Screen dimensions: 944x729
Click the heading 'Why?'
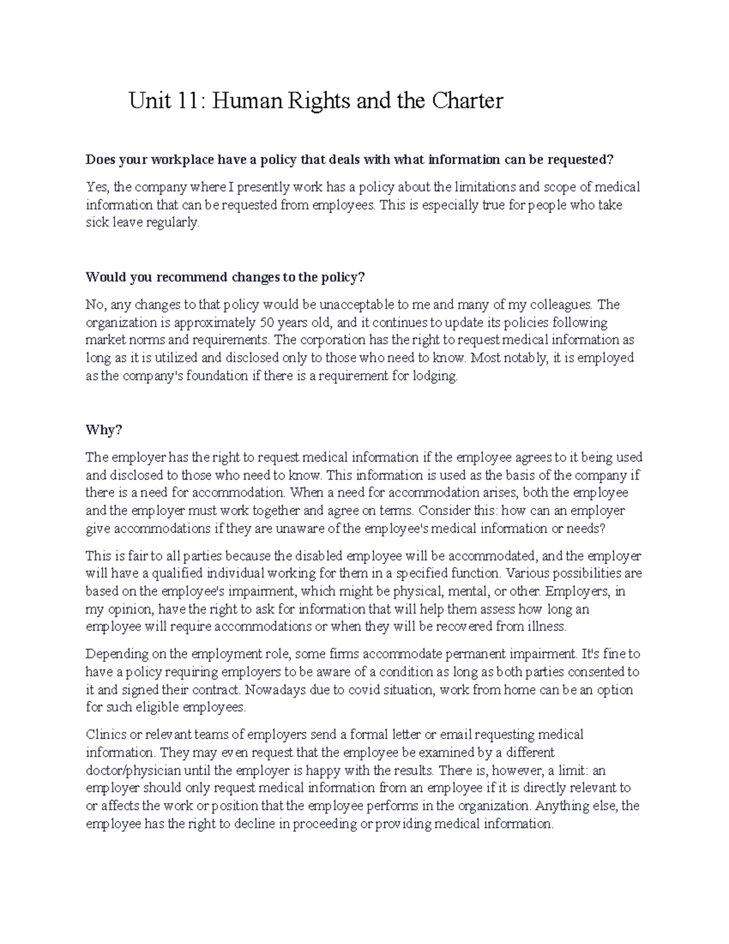point(104,430)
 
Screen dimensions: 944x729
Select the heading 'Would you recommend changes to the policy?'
point(225,277)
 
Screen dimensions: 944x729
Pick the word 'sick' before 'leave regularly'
point(97,222)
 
